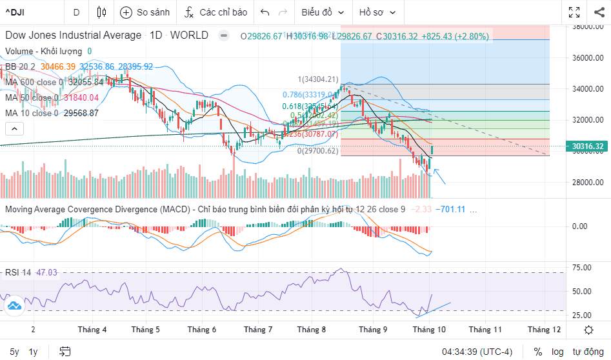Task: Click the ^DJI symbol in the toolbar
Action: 17,12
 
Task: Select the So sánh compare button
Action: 145,12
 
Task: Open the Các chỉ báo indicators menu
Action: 215,12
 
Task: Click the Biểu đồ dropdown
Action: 323,12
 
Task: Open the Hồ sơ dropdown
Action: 377,12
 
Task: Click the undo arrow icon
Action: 265,12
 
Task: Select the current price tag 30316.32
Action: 587,146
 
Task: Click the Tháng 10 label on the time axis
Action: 429,330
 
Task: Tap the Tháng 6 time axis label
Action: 202,330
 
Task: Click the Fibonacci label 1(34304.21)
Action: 317,79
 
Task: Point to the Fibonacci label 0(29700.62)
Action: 317,151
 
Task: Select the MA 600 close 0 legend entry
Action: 34,82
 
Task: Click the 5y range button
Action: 14,352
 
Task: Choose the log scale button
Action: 557,352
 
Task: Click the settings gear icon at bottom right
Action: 588,330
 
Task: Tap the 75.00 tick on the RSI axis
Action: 582,268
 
